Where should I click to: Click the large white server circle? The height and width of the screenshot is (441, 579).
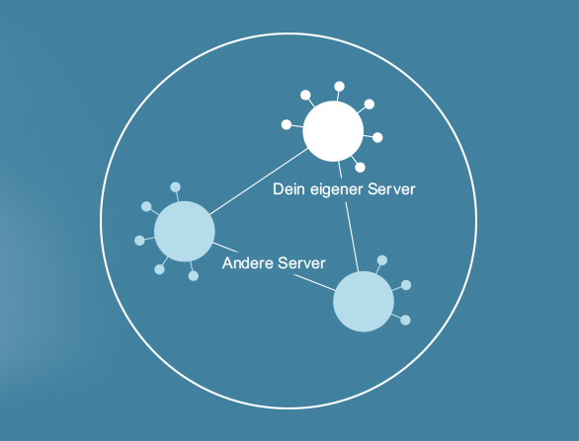[333, 131]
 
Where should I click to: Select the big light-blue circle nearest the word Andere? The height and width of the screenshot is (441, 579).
[184, 232]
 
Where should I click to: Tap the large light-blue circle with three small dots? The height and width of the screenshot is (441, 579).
[364, 302]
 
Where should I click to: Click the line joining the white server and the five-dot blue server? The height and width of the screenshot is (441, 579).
[259, 182]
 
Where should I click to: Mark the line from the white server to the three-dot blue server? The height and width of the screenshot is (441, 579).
[349, 216]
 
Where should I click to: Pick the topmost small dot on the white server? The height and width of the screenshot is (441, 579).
[339, 86]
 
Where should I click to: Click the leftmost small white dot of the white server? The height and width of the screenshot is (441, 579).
[287, 124]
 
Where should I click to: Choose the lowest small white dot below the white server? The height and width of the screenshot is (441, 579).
[360, 168]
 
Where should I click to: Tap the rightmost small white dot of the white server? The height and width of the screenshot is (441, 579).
[377, 137]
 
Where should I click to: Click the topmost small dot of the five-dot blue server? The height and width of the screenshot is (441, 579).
[176, 186]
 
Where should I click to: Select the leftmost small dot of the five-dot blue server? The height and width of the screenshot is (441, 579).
[139, 241]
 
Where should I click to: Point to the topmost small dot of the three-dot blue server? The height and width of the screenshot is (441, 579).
[382, 260]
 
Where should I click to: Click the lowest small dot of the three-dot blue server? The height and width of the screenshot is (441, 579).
[405, 320]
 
